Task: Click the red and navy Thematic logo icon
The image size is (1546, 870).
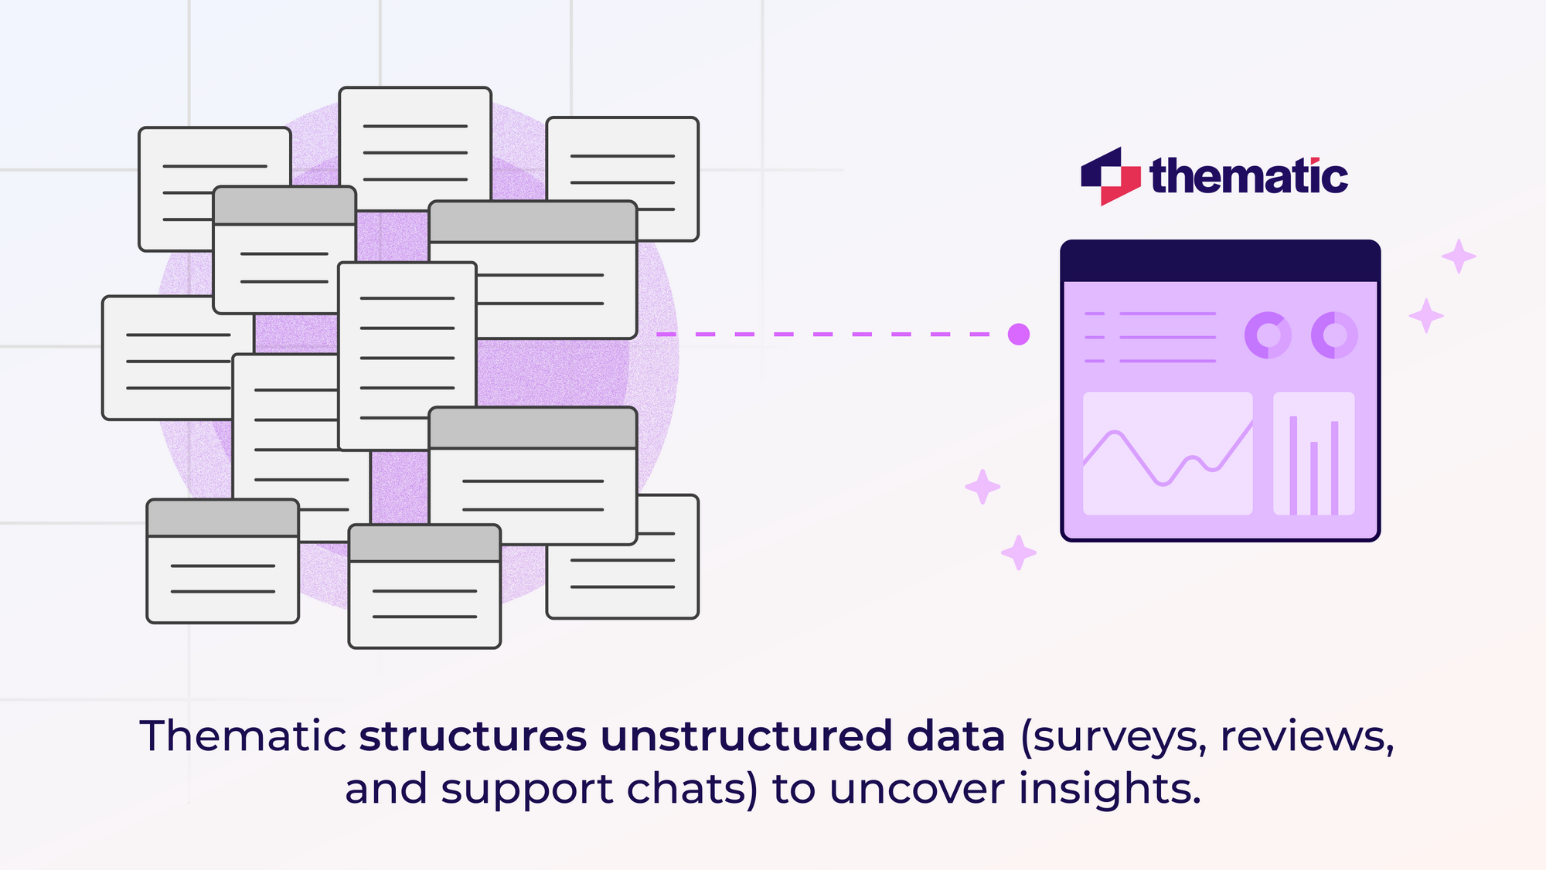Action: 1110,176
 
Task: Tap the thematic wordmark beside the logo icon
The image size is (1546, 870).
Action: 1248,177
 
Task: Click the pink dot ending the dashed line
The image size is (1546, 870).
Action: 1019,335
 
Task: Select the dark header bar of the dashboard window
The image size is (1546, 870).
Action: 1220,261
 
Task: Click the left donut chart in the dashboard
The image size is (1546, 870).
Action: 1267,335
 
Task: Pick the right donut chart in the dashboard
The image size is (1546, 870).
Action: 1334,335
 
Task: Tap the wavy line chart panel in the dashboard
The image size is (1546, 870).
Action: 1167,454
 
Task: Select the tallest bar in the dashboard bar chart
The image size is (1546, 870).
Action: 1293,465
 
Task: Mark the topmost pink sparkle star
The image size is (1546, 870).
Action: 1459,256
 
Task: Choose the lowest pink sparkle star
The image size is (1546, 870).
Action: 1019,552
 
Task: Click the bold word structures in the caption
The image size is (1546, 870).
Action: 473,736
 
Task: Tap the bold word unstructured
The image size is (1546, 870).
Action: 745,736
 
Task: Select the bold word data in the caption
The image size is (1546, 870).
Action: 955,736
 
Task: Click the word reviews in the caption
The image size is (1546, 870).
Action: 1306,737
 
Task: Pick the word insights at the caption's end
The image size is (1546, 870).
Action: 1109,790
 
